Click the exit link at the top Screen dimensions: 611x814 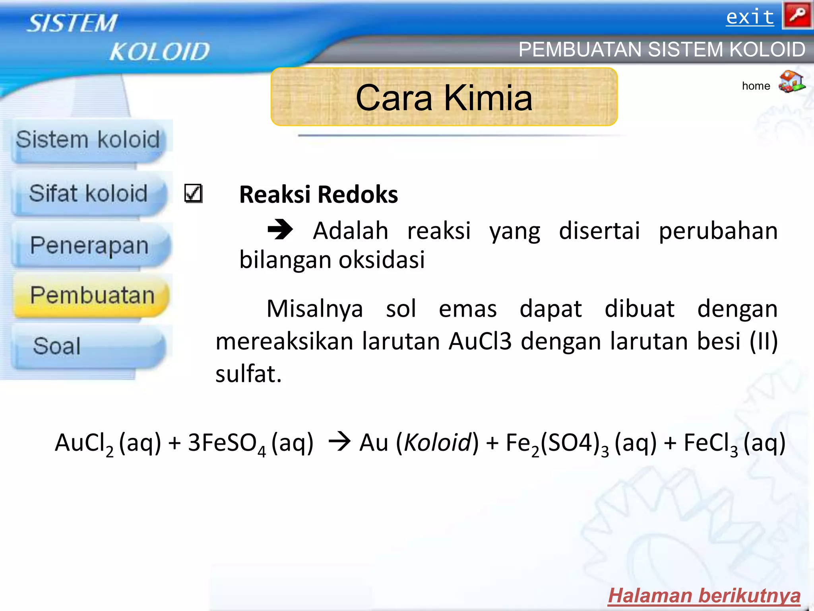750,18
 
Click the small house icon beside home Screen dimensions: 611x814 791,82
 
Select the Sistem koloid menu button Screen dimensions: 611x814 88,140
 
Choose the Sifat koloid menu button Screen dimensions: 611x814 88,194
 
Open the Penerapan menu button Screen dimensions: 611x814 89,245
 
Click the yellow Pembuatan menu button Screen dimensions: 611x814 92,296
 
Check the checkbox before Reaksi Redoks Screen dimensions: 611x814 193,194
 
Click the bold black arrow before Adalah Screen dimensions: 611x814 280,230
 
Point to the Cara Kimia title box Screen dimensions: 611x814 444,97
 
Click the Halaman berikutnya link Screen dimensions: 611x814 704,596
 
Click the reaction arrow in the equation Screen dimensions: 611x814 339,442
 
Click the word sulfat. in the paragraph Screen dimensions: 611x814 248,374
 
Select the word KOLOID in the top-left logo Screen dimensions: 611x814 159,52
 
